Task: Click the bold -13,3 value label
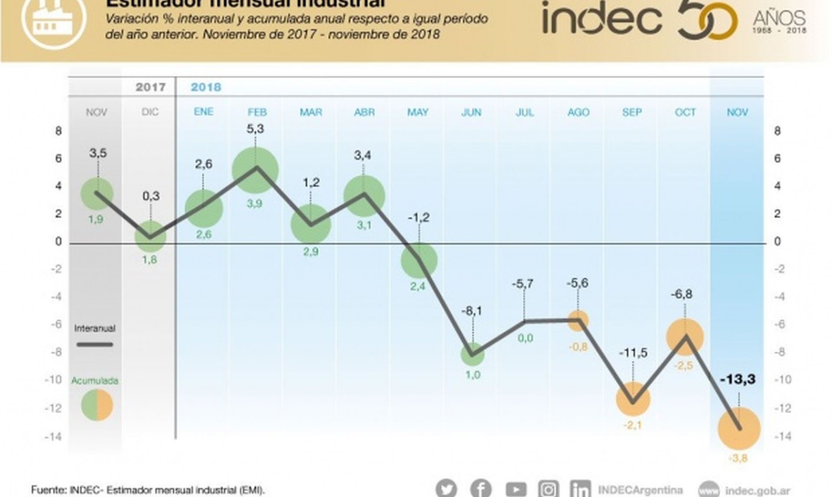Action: [x=738, y=379]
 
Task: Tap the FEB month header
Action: [x=257, y=112]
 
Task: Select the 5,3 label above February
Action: [x=255, y=129]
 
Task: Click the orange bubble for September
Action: [x=633, y=399]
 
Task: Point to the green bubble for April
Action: [x=364, y=196]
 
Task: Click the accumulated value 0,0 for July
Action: [x=525, y=338]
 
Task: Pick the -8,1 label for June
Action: [x=472, y=311]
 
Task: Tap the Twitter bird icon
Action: [x=446, y=489]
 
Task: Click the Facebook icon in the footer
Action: [x=481, y=489]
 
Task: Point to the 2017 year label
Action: [x=150, y=87]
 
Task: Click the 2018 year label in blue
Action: [x=206, y=87]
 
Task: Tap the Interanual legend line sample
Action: [x=95, y=345]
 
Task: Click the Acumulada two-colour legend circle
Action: [x=97, y=405]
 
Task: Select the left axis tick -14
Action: [x=53, y=436]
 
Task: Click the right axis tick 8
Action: [x=777, y=131]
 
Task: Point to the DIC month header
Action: [x=150, y=112]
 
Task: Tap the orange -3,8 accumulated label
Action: [x=738, y=458]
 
